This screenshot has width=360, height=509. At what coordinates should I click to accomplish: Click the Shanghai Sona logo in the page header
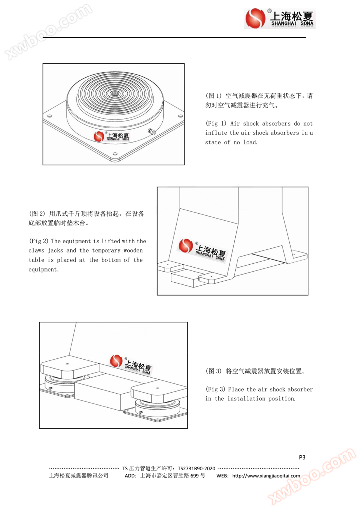point(280,18)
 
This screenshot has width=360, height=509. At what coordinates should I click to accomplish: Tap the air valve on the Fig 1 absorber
point(151,131)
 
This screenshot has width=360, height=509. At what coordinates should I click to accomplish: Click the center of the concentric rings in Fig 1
point(115,93)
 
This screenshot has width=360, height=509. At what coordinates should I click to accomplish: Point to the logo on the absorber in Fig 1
point(112,136)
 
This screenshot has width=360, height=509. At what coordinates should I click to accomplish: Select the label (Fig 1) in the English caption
point(216,124)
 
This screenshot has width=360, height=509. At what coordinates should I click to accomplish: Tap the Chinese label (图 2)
point(37,214)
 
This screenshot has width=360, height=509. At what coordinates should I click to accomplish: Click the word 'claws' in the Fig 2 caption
point(36,250)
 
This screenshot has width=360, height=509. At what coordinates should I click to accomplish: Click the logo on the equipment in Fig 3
point(130,364)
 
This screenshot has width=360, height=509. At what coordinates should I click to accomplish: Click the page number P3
point(302,457)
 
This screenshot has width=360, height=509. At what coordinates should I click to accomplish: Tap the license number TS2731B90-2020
point(196,468)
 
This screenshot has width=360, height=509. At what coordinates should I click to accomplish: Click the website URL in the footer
point(266,476)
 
